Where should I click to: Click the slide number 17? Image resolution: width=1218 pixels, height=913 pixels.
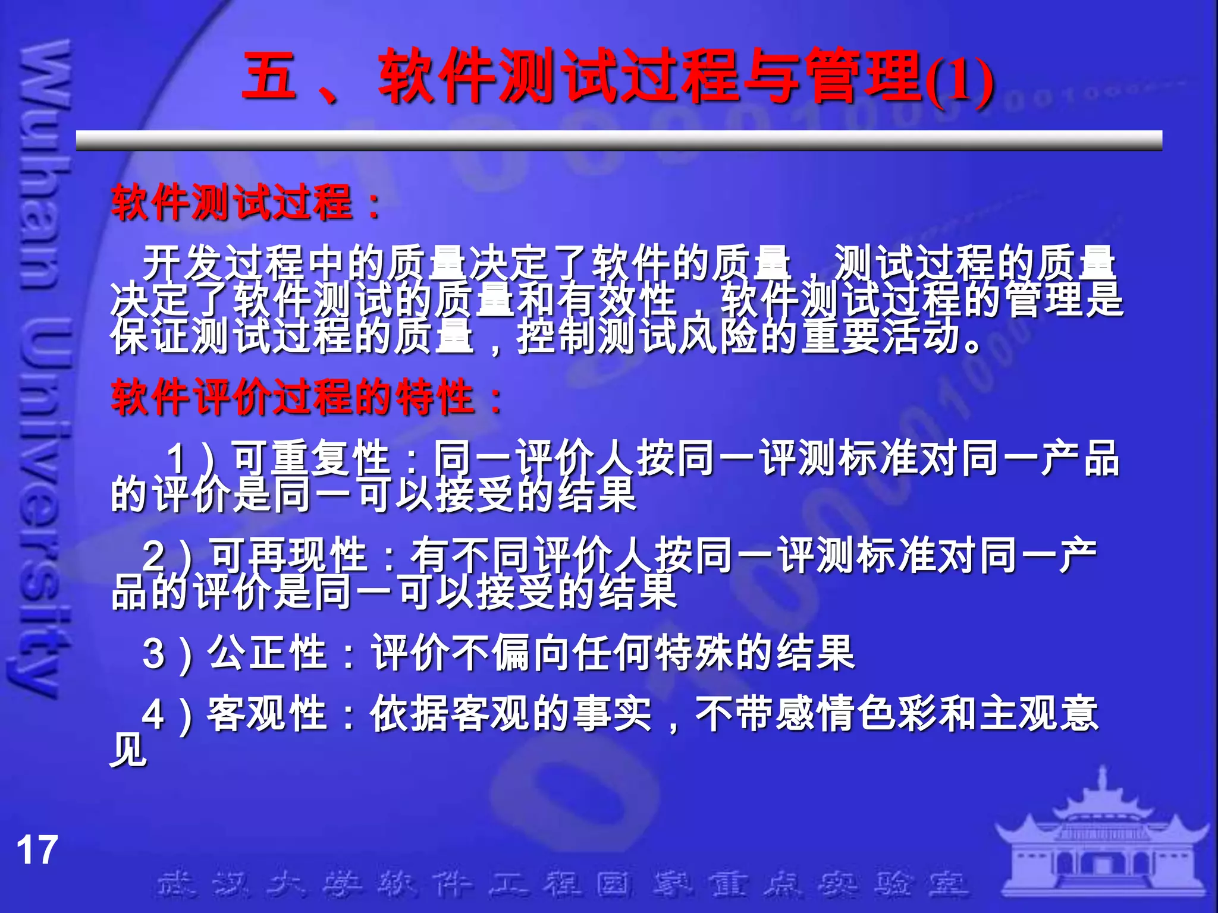point(37,850)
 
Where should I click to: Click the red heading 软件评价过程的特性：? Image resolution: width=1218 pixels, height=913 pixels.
point(307,397)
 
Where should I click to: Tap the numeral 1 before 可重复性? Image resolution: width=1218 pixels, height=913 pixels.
point(177,459)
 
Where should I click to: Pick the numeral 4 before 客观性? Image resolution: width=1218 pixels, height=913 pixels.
point(153,713)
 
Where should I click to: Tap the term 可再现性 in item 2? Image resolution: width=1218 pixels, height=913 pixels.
point(289,555)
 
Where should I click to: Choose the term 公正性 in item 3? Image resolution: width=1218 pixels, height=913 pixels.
point(268,653)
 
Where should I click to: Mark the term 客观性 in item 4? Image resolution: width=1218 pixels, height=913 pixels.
point(268,713)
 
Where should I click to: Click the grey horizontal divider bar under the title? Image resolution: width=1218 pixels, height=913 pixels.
point(619,140)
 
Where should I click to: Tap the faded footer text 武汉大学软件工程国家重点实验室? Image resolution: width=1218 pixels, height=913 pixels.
point(562,884)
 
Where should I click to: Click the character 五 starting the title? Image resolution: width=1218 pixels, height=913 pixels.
point(269,76)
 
